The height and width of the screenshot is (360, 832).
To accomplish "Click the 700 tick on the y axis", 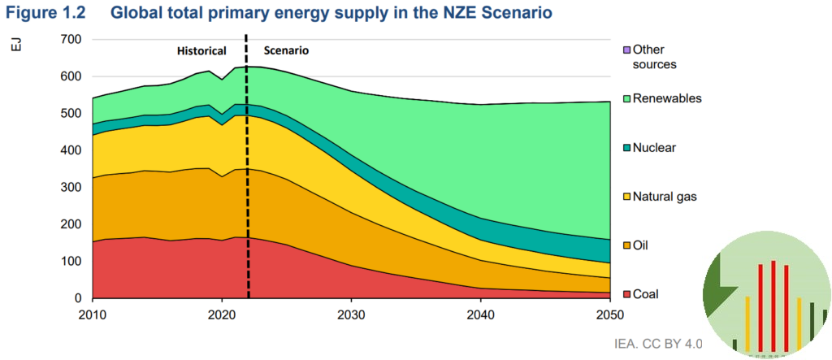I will [x=71, y=40].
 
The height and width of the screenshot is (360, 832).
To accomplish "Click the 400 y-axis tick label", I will [x=71, y=151].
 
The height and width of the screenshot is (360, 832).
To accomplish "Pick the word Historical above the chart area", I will [x=201, y=51].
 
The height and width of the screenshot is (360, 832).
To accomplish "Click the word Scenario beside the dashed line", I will [x=286, y=50].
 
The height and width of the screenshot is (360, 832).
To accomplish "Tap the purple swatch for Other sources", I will [x=625, y=50].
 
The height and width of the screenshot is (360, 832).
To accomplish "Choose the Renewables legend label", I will [x=667, y=98].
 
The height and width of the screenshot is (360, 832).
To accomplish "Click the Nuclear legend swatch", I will [x=625, y=148].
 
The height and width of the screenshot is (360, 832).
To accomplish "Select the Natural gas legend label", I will [x=665, y=196].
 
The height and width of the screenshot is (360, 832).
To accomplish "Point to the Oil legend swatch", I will [x=625, y=245].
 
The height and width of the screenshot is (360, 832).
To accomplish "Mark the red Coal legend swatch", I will [x=625, y=294].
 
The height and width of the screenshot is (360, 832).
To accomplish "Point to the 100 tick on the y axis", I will [x=71, y=262].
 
